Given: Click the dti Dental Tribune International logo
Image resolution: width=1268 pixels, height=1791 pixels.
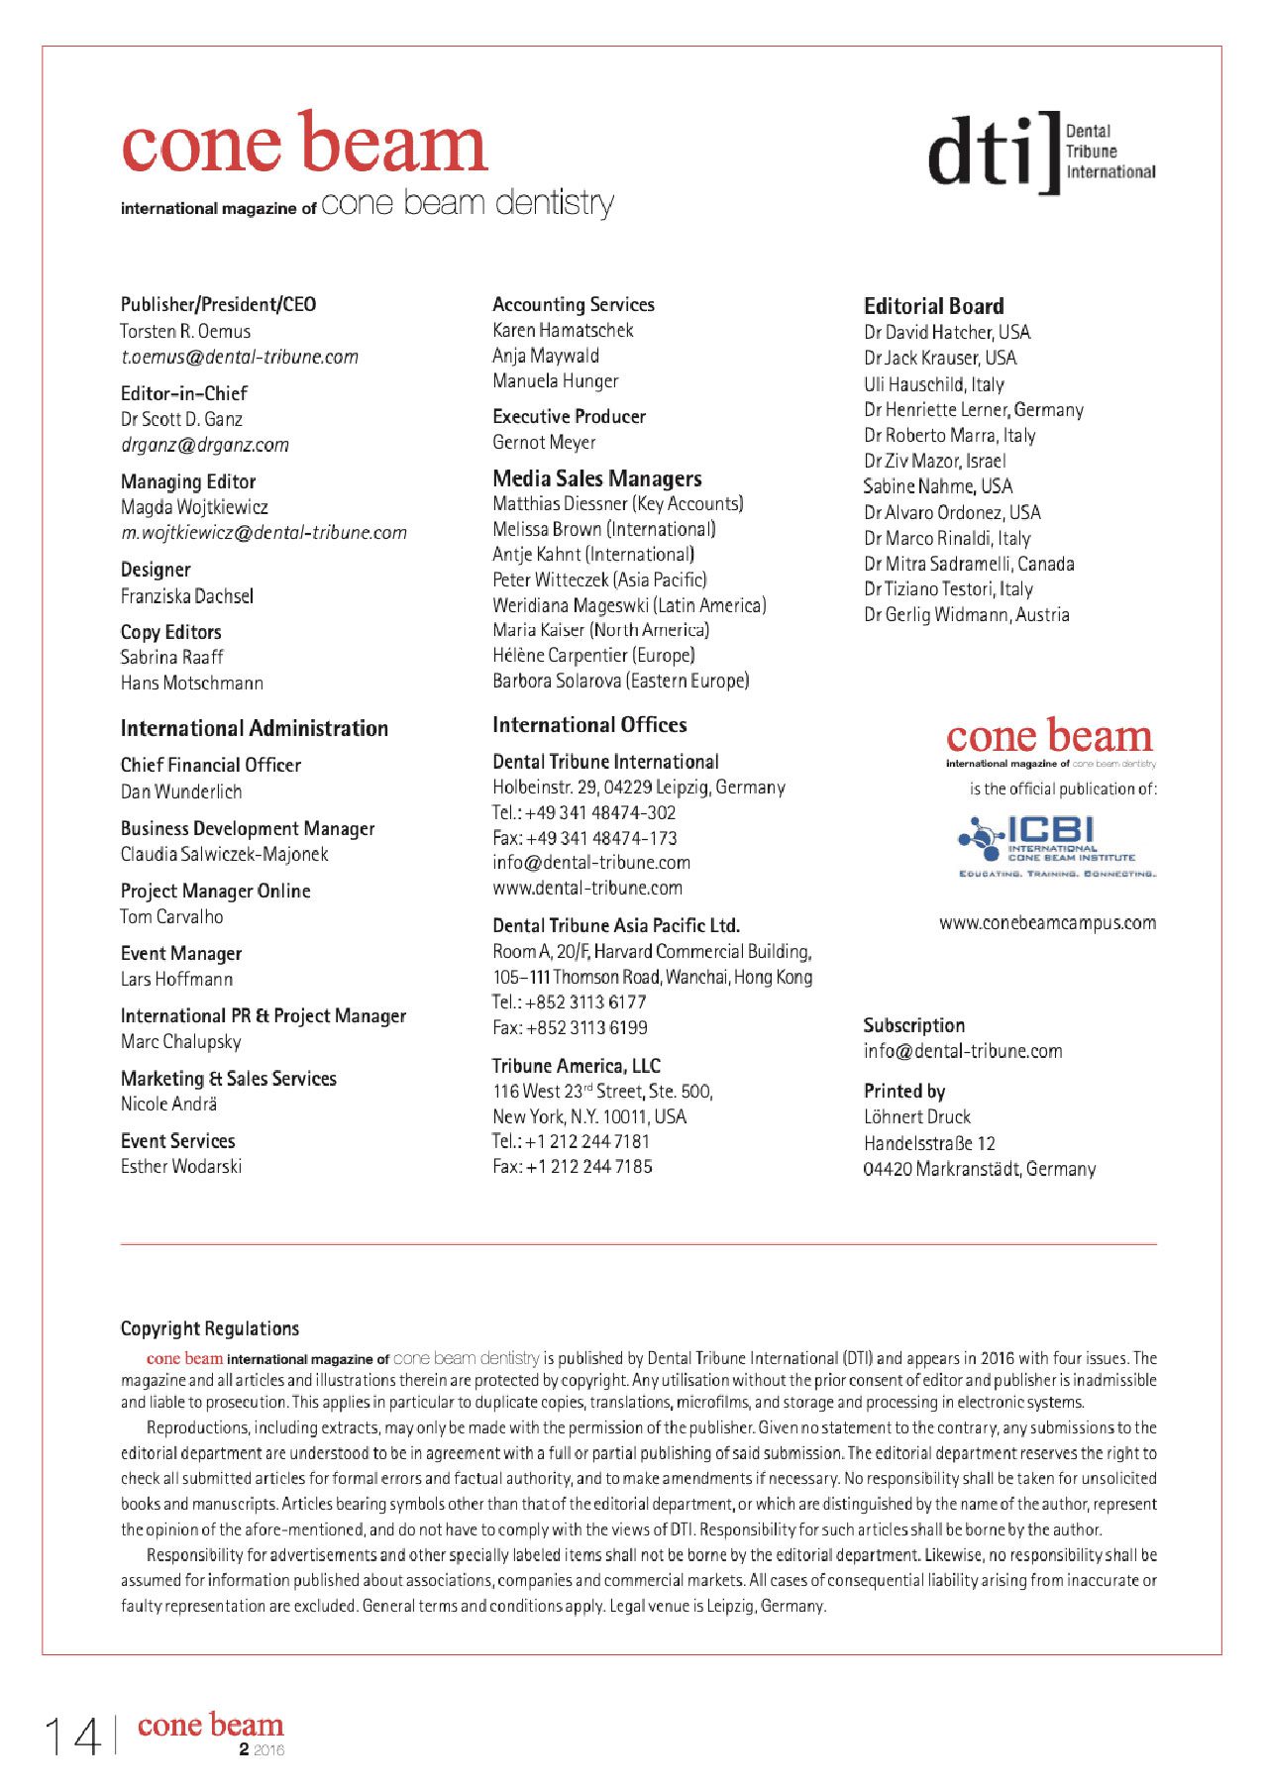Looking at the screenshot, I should click(1041, 152).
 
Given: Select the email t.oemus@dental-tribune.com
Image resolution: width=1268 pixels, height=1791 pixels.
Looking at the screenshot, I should click(239, 357).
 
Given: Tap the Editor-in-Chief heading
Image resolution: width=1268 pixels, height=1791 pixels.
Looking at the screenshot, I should click(184, 393).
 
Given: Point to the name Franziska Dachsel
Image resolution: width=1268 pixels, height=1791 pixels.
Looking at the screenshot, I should click(187, 595).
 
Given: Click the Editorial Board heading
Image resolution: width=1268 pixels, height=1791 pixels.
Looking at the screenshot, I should click(933, 306).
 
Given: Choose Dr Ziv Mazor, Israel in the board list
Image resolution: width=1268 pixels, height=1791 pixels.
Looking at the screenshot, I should click(934, 461).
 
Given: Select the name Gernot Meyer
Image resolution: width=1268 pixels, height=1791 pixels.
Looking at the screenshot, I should click(544, 442).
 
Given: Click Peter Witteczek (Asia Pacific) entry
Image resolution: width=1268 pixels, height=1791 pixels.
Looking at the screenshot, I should click(599, 579).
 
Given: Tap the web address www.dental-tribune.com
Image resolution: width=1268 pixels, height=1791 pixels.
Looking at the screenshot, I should click(587, 888).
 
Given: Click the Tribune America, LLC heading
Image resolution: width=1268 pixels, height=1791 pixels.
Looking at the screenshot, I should click(577, 1066).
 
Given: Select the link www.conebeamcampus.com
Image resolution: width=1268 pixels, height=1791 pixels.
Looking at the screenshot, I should click(1047, 922).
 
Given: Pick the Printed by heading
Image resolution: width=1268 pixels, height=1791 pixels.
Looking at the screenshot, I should click(904, 1091).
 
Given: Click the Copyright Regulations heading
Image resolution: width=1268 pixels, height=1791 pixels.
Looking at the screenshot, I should click(210, 1328).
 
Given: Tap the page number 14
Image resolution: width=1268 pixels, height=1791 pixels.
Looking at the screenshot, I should click(72, 1737).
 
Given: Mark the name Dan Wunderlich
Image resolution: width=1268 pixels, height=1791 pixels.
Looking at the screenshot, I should click(181, 791).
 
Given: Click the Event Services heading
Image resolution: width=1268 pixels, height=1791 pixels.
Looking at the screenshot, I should click(178, 1140).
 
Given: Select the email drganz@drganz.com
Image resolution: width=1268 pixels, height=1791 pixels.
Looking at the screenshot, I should click(205, 445).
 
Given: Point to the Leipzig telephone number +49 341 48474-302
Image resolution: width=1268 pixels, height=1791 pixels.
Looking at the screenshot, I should click(584, 812).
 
